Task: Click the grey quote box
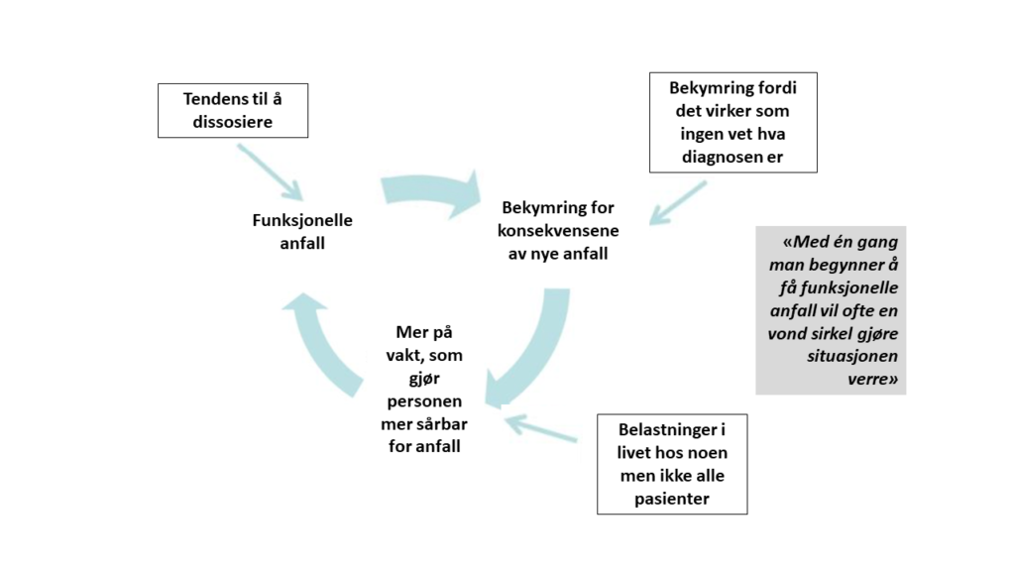pyautogui.click(x=832, y=310)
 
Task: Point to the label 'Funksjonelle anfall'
pyautogui.click(x=302, y=231)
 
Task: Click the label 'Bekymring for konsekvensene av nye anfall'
pyautogui.click(x=558, y=230)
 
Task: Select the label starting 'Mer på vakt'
pyautogui.click(x=424, y=389)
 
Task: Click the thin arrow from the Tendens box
pyautogui.click(x=270, y=172)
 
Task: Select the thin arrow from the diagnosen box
pyautogui.click(x=678, y=203)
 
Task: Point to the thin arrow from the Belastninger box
pyautogui.click(x=540, y=428)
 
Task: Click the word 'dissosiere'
pyautogui.click(x=232, y=122)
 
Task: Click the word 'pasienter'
pyautogui.click(x=672, y=499)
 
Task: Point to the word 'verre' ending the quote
pyautogui.click(x=868, y=379)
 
